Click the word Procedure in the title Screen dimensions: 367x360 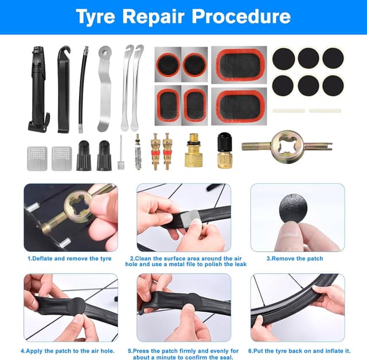(x=241, y=17)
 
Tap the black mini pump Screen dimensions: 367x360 (x=38, y=89)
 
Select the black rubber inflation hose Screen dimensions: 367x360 (x=82, y=90)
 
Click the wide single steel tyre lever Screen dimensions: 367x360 (x=104, y=89)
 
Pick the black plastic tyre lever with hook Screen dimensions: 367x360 (x=64, y=90)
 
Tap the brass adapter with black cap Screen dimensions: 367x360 (x=225, y=150)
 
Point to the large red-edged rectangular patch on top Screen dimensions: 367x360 (x=239, y=65)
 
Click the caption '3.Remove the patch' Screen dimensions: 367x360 (x=295, y=259)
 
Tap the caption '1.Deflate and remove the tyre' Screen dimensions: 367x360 (x=69, y=259)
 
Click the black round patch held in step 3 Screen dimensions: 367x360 (x=293, y=209)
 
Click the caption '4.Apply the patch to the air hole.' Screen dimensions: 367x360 (x=68, y=351)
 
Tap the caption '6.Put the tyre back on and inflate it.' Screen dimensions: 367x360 (x=299, y=351)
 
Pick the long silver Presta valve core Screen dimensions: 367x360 (x=138, y=151)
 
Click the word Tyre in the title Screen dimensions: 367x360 (x=96, y=17)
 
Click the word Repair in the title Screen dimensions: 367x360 (x=154, y=17)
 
